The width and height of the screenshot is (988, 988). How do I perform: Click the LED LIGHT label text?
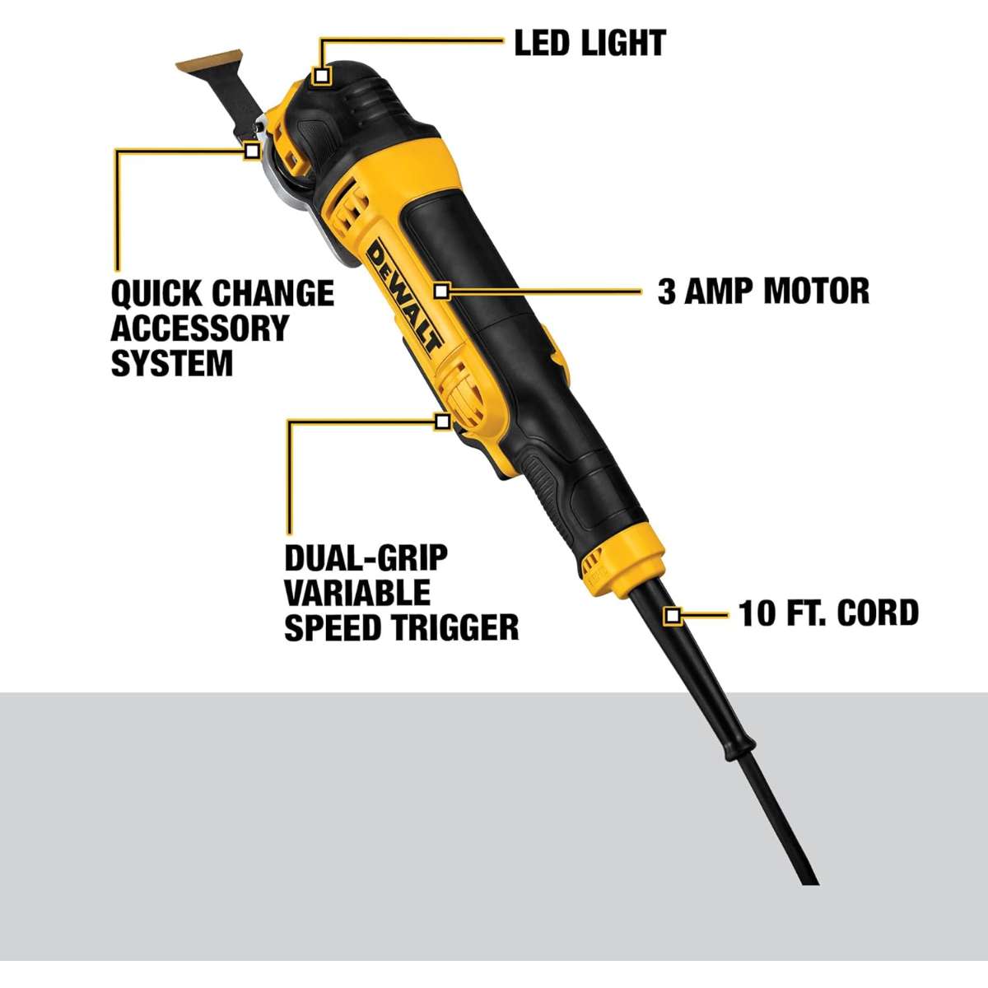click(590, 43)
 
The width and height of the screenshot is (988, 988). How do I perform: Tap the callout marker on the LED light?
click(321, 76)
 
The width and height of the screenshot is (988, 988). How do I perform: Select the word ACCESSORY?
click(200, 329)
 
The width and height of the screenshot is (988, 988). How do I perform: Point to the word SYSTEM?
click(172, 363)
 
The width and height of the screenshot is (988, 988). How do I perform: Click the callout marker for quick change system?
click(251, 151)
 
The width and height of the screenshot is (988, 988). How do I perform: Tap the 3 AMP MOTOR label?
click(763, 291)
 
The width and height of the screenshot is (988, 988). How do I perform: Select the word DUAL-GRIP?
click(366, 558)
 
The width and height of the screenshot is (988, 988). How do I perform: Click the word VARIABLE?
click(357, 593)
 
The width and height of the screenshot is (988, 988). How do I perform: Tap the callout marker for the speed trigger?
click(442, 422)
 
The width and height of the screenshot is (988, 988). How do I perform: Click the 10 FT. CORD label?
click(828, 613)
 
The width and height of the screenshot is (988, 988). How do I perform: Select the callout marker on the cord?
click(672, 615)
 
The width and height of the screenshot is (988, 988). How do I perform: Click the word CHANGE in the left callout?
click(273, 293)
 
